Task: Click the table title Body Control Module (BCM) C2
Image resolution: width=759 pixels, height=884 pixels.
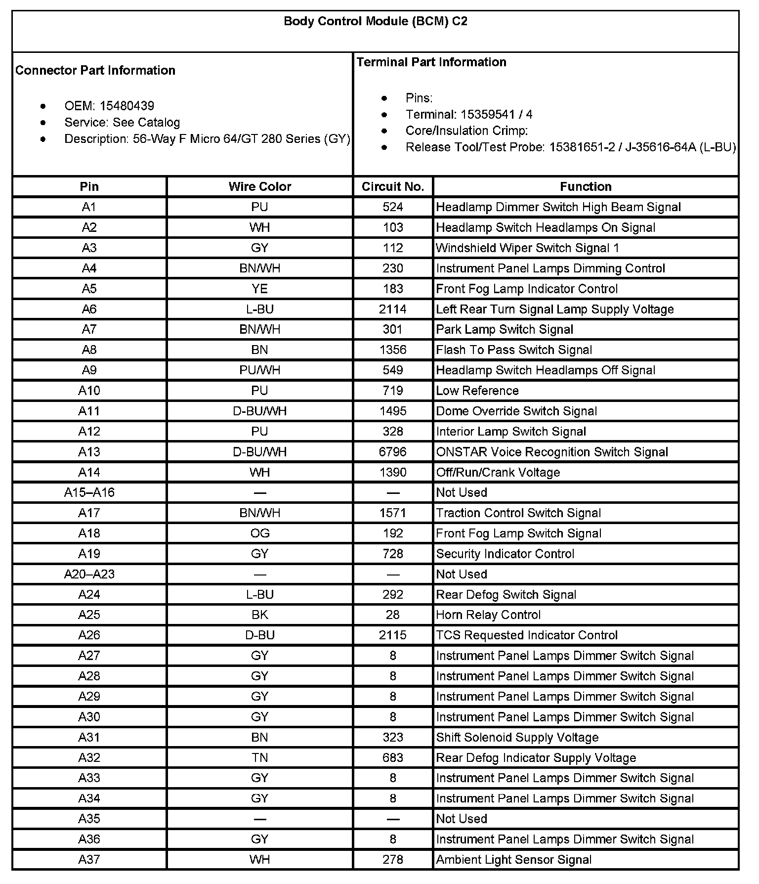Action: pyautogui.click(x=375, y=22)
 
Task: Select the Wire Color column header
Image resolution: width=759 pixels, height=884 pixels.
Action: pyautogui.click(x=259, y=186)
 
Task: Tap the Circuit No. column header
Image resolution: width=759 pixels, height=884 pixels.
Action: pyautogui.click(x=393, y=186)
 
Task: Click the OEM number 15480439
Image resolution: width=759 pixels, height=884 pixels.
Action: pyautogui.click(x=126, y=106)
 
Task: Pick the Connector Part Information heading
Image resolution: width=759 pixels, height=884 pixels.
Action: pyautogui.click(x=95, y=70)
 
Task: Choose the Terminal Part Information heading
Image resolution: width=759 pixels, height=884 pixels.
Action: pyautogui.click(x=431, y=62)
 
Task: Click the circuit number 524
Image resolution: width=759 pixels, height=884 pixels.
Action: pyautogui.click(x=393, y=207)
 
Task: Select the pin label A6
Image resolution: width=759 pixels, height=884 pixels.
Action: pyautogui.click(x=89, y=309)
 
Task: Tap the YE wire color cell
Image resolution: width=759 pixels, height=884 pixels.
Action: pyautogui.click(x=259, y=289)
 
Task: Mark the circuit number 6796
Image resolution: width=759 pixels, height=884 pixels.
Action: pyautogui.click(x=393, y=452)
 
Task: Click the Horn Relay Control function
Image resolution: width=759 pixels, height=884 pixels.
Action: pyautogui.click(x=488, y=615)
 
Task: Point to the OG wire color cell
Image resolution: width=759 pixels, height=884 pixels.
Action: pyautogui.click(x=259, y=533)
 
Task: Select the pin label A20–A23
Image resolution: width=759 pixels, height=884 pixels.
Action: pyautogui.click(x=89, y=574)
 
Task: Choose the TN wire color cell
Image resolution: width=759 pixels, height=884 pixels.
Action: pyautogui.click(x=259, y=757)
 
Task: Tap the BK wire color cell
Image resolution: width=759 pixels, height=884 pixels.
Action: pyautogui.click(x=259, y=615)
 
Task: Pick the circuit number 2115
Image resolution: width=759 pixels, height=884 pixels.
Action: pyautogui.click(x=393, y=635)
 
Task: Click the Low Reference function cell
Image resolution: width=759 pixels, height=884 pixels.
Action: pyautogui.click(x=477, y=391)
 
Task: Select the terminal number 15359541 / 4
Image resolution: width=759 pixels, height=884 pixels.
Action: pyautogui.click(x=496, y=115)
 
